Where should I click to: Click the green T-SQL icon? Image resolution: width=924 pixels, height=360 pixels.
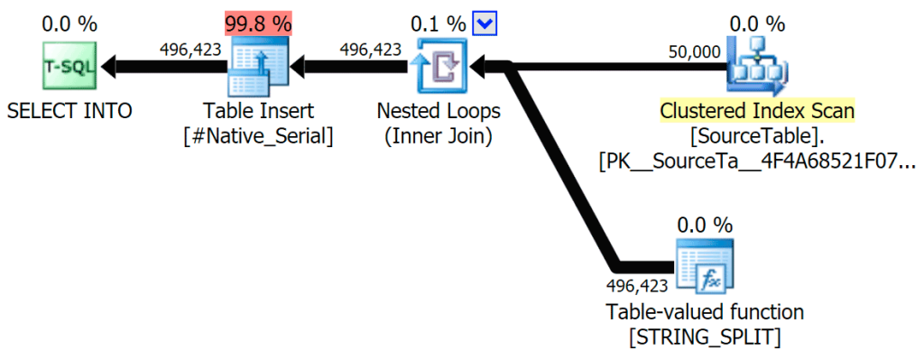pyautogui.click(x=69, y=65)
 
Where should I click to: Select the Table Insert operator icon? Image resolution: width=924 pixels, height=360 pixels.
pyautogui.click(x=258, y=66)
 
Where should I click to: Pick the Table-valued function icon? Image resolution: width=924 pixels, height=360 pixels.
pyautogui.click(x=704, y=267)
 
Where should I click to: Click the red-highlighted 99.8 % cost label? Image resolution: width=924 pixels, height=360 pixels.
pyautogui.click(x=258, y=23)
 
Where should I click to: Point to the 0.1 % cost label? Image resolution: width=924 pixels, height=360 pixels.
pyautogui.click(x=439, y=23)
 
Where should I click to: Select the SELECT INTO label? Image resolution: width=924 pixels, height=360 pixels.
pyautogui.click(x=69, y=111)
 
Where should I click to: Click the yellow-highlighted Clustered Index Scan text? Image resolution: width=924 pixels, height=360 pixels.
pyautogui.click(x=757, y=111)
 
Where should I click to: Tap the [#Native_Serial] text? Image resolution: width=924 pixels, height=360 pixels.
pyautogui.click(x=258, y=137)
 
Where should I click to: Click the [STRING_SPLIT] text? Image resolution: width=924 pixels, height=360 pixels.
pyautogui.click(x=704, y=339)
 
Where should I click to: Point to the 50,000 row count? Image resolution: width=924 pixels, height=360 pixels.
pyautogui.click(x=695, y=51)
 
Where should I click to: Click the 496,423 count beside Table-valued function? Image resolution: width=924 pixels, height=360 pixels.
pyautogui.click(x=637, y=286)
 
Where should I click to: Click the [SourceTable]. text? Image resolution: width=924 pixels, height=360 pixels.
pyautogui.click(x=757, y=137)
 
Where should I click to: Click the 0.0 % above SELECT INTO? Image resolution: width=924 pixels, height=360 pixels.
pyautogui.click(x=69, y=23)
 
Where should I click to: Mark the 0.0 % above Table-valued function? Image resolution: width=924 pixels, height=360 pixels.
pyautogui.click(x=704, y=225)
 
